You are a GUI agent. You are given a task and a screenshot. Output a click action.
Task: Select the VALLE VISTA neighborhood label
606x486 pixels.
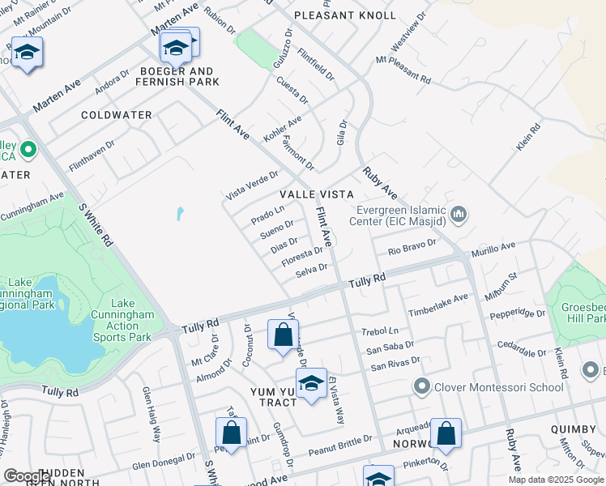(317, 195)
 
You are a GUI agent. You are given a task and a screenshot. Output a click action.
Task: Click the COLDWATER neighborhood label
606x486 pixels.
(117, 115)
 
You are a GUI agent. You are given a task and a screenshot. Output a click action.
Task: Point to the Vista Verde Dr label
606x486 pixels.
(252, 185)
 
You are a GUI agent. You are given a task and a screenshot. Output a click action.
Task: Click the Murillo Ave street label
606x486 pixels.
(493, 250)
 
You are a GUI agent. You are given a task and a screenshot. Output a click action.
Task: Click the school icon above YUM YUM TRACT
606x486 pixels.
(311, 384)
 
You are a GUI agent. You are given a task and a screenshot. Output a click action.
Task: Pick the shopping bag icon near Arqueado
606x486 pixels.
(446, 433)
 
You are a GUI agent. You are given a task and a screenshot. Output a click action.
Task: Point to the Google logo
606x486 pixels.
(27, 475)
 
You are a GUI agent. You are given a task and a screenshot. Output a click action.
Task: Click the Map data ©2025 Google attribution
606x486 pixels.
(556, 479)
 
